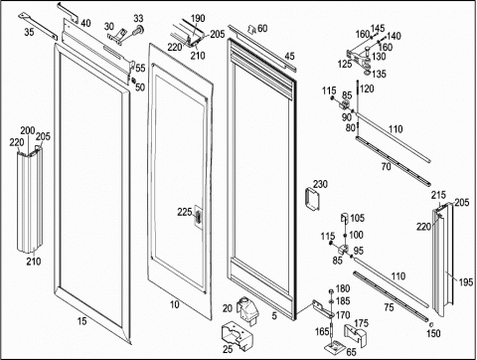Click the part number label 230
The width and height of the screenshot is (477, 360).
(x=320, y=184)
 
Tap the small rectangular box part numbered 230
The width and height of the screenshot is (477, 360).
(x=312, y=199)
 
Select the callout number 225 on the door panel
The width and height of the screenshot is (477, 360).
(x=185, y=212)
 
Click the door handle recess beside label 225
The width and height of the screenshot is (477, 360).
(x=198, y=218)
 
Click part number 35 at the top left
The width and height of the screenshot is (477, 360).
(x=29, y=32)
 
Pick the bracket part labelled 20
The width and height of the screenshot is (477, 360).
(x=247, y=310)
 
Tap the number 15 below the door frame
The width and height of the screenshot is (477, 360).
(x=81, y=321)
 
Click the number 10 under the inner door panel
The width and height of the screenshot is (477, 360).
(x=175, y=304)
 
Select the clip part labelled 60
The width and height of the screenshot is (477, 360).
(x=252, y=30)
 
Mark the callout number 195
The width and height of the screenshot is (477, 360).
(x=466, y=282)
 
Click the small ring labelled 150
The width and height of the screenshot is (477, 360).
(x=430, y=324)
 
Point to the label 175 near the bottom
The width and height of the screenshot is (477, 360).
(x=361, y=323)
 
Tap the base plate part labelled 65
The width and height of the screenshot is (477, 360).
(x=336, y=347)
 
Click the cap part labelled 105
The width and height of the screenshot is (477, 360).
(x=345, y=218)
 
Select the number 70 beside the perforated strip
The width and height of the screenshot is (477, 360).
(x=387, y=167)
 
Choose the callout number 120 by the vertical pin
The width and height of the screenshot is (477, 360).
(x=367, y=89)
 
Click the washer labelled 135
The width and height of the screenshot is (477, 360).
(x=367, y=72)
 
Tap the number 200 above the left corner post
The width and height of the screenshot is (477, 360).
(x=28, y=130)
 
